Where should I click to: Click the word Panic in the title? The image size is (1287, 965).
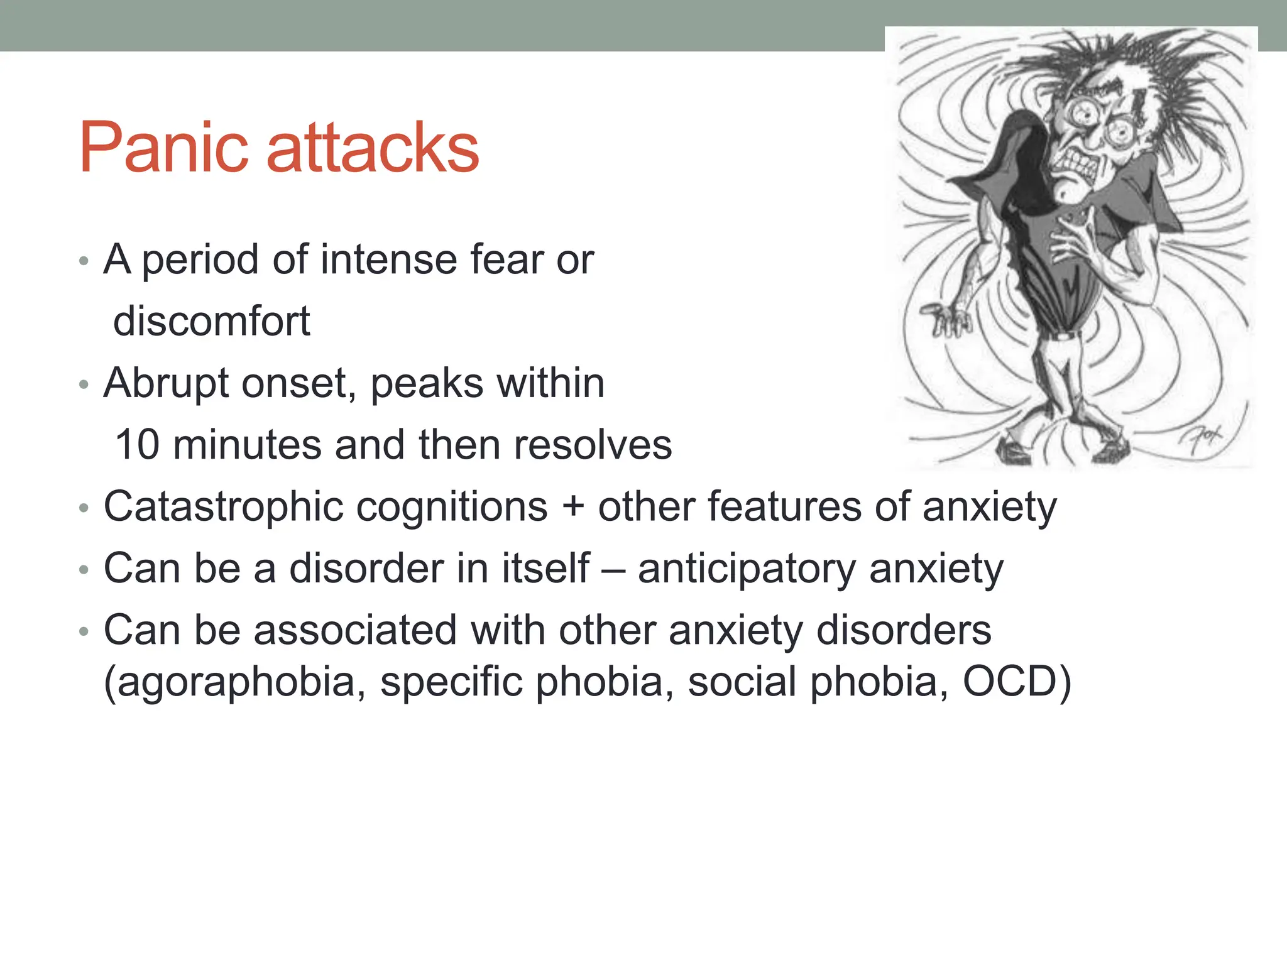pyautogui.click(x=164, y=148)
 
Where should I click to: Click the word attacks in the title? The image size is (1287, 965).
pyautogui.click(x=373, y=148)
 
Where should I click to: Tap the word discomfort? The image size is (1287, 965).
pyautogui.click(x=212, y=321)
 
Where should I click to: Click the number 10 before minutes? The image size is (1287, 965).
pyautogui.click(x=138, y=445)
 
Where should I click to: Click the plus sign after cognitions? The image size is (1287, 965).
pyautogui.click(x=572, y=506)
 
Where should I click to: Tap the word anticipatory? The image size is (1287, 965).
pyautogui.click(x=746, y=569)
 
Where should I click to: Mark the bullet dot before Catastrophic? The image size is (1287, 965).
pyautogui.click(x=84, y=508)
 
